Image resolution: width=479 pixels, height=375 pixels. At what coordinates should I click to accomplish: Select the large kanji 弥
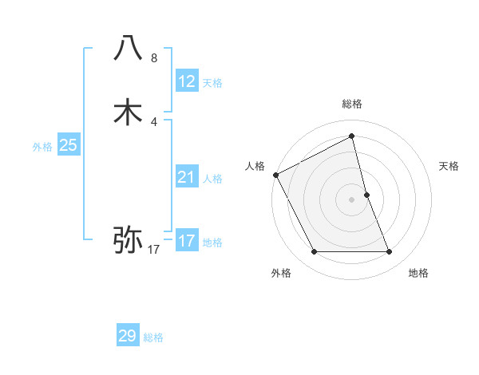pos(129,238)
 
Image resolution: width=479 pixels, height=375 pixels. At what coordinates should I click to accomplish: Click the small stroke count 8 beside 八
pos(154,58)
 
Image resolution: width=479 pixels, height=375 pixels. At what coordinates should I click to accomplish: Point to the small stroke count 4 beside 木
pos(154,121)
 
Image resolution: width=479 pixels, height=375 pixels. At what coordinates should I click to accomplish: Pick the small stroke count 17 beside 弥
pos(154,250)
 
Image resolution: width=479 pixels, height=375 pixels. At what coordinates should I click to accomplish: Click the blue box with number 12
pos(186,81)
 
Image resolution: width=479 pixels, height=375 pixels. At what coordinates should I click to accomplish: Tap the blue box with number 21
pos(186,177)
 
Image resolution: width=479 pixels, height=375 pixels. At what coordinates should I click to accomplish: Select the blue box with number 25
pos(68,145)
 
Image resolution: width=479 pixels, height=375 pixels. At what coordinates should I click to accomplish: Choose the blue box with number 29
pos(128,336)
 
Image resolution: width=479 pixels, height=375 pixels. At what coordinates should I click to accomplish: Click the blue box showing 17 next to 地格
pos(186,241)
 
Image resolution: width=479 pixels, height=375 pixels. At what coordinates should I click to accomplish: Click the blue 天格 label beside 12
pos(212,82)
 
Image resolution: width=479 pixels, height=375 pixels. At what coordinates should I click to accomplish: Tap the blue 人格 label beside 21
pos(212,179)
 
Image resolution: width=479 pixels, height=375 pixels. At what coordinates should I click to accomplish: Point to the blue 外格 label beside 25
pos(42,147)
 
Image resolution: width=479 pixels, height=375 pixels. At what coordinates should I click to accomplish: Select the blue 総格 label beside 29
pos(153,337)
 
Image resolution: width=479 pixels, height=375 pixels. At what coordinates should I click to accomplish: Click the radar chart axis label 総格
pos(351,104)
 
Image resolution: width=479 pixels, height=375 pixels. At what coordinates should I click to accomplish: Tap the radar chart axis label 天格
pos(449,166)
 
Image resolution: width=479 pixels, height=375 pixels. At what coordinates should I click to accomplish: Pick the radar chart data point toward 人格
pos(275,175)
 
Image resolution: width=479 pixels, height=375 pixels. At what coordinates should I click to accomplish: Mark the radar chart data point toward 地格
pos(390,252)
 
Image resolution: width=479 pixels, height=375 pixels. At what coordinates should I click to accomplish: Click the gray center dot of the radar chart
pos(351,199)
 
